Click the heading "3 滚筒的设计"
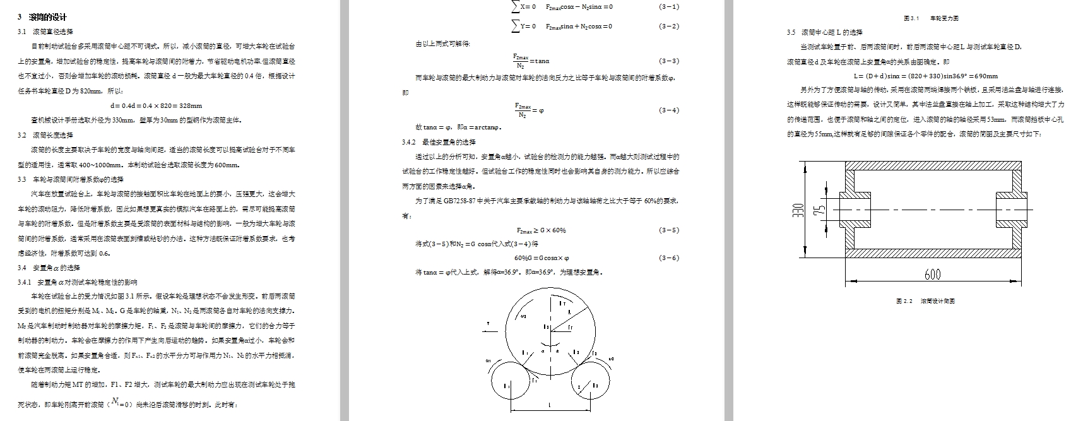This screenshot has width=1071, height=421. (42, 17)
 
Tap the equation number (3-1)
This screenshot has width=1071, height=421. (669, 7)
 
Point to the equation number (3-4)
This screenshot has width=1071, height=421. (669, 110)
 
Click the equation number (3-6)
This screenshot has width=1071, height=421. (669, 258)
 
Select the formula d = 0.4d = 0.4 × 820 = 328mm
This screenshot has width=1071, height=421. (156, 105)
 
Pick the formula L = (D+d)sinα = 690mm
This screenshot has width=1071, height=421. (925, 76)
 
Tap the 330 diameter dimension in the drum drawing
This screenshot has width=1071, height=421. (798, 210)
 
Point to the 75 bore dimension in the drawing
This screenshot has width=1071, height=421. (819, 210)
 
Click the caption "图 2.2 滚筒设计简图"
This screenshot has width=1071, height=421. (925, 301)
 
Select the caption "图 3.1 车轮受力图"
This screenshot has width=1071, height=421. (931, 19)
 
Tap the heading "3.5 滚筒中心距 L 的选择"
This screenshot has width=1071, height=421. (824, 32)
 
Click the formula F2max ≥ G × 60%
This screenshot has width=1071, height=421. (541, 230)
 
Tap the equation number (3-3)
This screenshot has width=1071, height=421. (669, 61)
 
